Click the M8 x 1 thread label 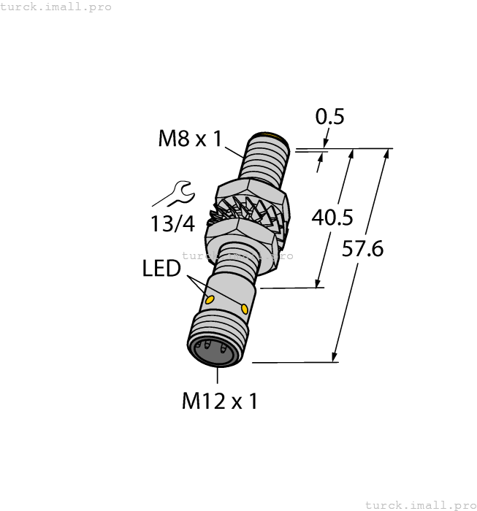pos(189,139)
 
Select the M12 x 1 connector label pos(219,401)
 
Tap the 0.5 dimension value pos(329,117)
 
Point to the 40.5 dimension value pos(332,218)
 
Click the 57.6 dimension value pos(363,249)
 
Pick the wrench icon pos(174,195)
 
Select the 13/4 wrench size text pos(173,224)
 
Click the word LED pos(161,269)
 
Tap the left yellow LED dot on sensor pos(210,300)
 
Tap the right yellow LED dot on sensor pos(244,309)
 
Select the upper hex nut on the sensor pos(252,195)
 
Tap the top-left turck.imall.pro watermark pos(56,7)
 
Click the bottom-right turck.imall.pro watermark pos(420,504)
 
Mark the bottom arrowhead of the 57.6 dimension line pos(335,357)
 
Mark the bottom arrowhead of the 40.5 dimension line pos(319,283)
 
